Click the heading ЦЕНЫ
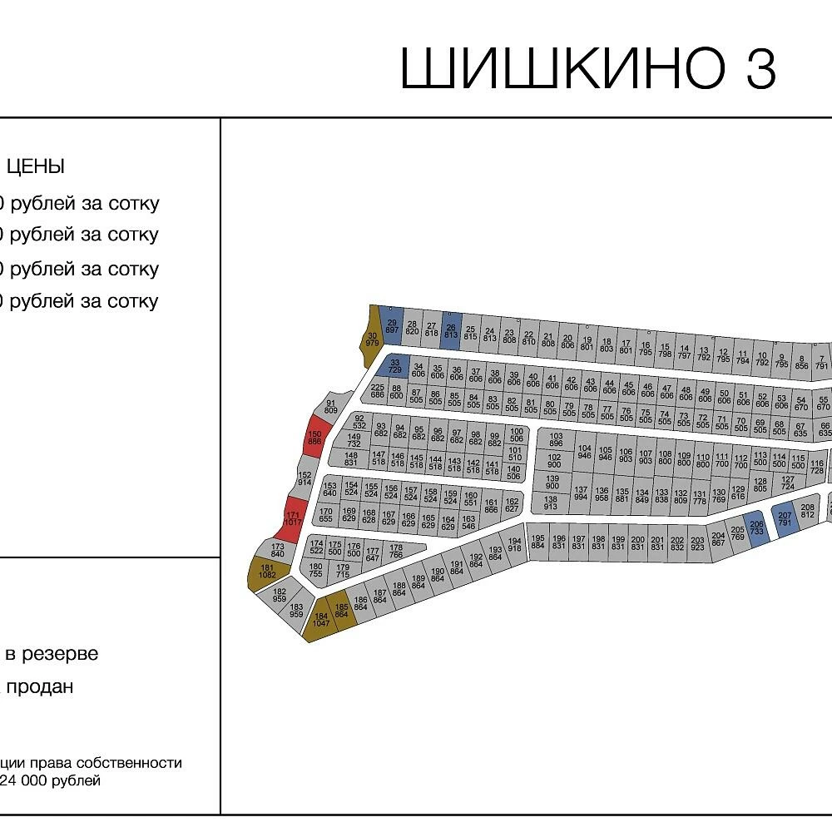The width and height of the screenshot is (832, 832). click(36, 166)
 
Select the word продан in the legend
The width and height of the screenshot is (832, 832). click(40, 687)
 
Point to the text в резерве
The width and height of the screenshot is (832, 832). click(52, 654)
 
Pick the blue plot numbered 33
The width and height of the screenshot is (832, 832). click(394, 365)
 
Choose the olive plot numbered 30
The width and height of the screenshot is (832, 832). click(372, 339)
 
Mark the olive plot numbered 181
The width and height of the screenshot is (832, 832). click(267, 572)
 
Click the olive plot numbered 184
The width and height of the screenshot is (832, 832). click(321, 619)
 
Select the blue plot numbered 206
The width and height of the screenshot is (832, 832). click(756, 527)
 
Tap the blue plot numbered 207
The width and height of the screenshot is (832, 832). click(785, 520)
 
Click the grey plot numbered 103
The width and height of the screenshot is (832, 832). click(556, 440)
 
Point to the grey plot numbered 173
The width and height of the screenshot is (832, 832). click(278, 550)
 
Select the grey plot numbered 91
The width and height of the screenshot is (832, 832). click(331, 407)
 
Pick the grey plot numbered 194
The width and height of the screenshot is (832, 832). click(514, 544)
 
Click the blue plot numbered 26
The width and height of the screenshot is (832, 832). click(450, 332)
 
